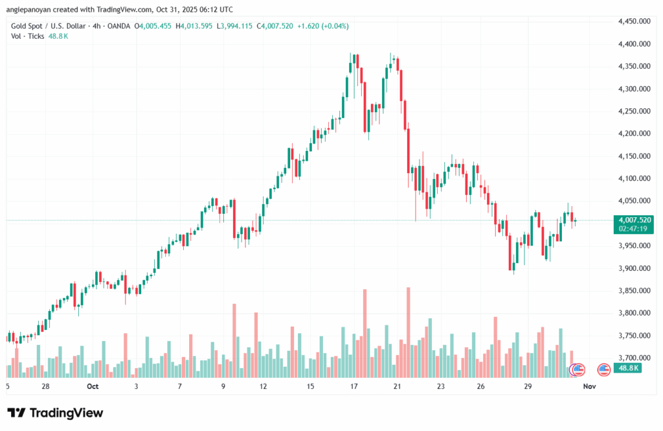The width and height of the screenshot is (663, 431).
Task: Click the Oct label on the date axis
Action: tap(92, 386)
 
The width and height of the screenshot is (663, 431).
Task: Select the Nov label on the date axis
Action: tap(589, 386)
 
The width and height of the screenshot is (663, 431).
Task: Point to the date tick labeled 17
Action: tap(354, 386)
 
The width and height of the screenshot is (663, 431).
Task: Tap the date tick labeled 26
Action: tap(480, 386)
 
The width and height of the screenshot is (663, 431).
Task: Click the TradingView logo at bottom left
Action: tap(55, 413)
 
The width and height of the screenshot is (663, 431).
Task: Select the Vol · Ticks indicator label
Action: tap(28, 36)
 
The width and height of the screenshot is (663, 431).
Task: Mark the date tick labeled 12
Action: tap(263, 386)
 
